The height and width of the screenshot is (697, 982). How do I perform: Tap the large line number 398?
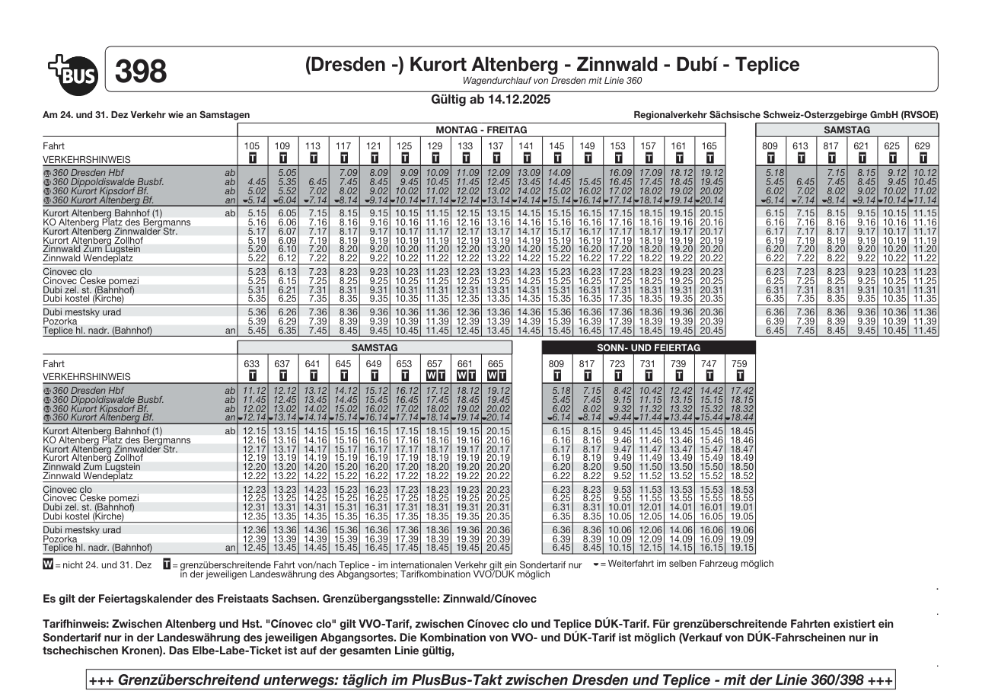point(141,71)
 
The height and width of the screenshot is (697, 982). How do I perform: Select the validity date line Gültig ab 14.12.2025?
point(490,99)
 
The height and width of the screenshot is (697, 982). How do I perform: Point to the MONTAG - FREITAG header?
point(482,130)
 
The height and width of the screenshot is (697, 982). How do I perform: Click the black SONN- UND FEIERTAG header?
point(648,347)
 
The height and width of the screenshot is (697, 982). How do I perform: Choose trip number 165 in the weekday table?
point(709,145)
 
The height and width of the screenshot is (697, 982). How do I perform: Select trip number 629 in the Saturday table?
point(923,145)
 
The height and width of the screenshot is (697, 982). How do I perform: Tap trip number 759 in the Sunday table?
point(740,363)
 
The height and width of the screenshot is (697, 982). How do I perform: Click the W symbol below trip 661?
point(460,376)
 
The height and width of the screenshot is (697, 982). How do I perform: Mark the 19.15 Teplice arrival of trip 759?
point(740,548)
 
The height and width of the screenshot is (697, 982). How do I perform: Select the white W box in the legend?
point(49,564)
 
